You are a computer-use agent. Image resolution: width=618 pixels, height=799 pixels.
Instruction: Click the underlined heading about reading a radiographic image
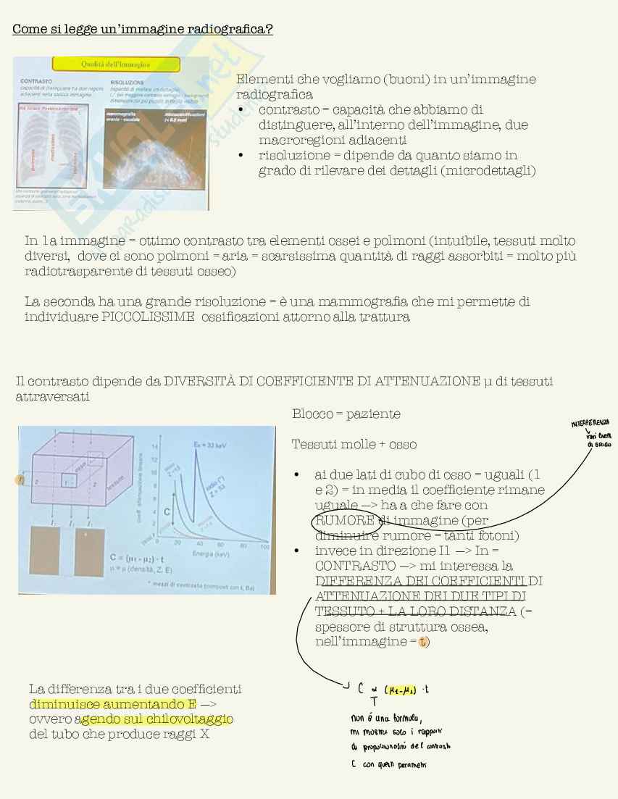point(142,30)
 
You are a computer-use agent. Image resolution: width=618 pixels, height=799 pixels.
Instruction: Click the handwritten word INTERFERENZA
point(590,422)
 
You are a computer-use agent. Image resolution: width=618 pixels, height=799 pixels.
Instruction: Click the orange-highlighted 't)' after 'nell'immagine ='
point(423,643)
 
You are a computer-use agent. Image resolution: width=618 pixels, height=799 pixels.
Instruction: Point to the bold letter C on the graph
point(167,511)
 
